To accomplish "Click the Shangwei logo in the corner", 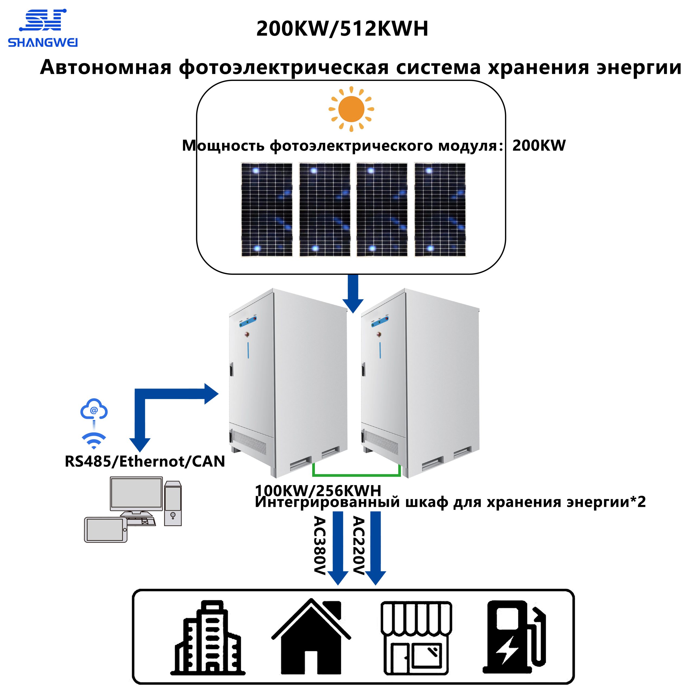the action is pos(42,28).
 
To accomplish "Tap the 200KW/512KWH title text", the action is pos(342,29).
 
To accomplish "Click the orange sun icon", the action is pos(351,109).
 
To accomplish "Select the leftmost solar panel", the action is pos(267,210).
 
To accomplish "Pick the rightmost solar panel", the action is pos(440,210).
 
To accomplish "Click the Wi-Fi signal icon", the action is pos(94,441).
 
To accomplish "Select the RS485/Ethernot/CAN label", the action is pos(145,461).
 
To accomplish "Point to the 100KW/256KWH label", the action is pos(318,490).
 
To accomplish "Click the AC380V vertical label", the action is pos(320,546).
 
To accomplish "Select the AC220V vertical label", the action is pos(358,546).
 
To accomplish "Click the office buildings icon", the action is pos(208,642).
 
